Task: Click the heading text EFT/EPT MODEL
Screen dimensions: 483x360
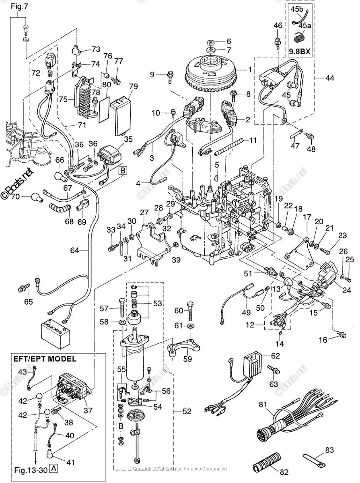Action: coord(45,359)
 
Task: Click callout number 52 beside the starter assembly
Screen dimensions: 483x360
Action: coord(186,411)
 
